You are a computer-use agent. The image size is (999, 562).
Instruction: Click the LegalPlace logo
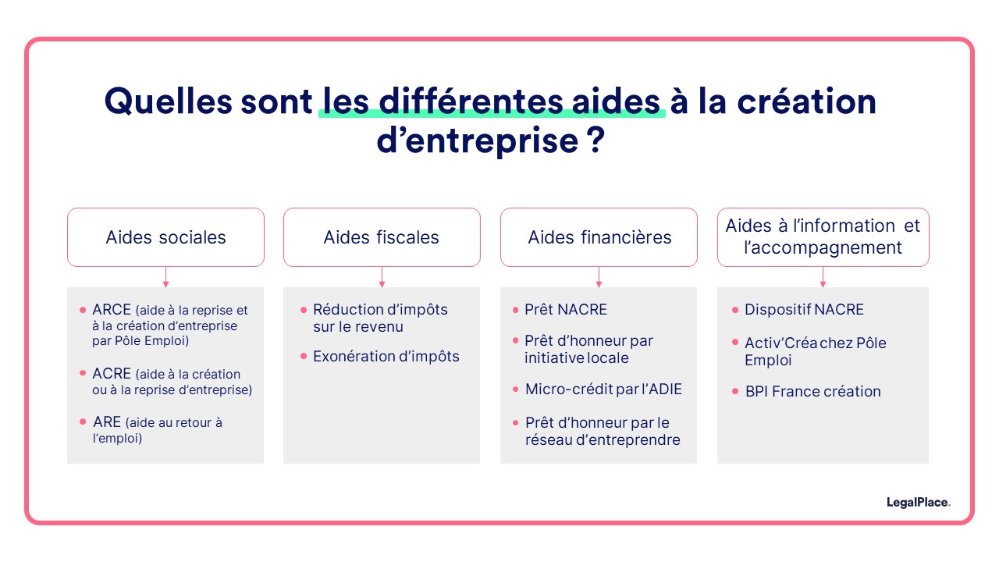pos(918,503)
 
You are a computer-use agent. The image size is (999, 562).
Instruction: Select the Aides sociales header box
pos(165,237)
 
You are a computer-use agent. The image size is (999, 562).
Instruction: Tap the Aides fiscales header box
pos(382,237)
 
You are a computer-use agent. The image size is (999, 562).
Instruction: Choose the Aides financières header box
pos(599,237)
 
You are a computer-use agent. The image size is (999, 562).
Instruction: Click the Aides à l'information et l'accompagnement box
pos(823,237)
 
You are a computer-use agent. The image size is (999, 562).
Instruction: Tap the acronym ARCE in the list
pos(112,310)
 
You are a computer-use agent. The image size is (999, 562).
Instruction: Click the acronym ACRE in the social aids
pos(112,374)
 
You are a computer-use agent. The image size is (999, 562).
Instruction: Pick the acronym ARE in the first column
pos(107,422)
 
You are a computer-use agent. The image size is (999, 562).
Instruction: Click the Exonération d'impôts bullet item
pos(386,357)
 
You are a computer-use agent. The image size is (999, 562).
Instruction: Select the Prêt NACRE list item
pos(566,310)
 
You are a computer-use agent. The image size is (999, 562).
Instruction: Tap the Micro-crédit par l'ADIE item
pos(603,389)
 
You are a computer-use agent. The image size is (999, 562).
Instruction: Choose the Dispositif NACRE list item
pos(804,310)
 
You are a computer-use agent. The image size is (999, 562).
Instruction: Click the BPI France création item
pos(812,392)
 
